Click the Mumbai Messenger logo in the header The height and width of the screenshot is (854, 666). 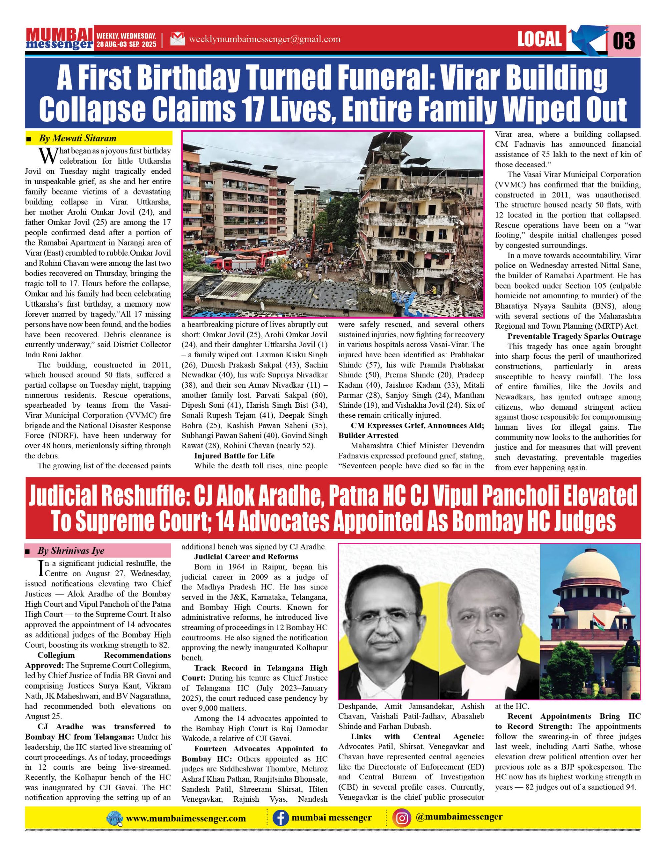coord(59,38)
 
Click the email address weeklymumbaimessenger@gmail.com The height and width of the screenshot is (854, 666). coord(264,39)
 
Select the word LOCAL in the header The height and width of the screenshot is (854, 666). coord(539,39)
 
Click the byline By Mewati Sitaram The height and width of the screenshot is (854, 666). coord(77,138)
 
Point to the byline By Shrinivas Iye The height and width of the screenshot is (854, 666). coord(71,551)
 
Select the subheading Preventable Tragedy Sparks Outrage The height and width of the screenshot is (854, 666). coord(574,336)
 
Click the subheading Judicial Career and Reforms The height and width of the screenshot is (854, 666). coord(246,556)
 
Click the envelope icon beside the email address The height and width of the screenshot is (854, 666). coord(178,39)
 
